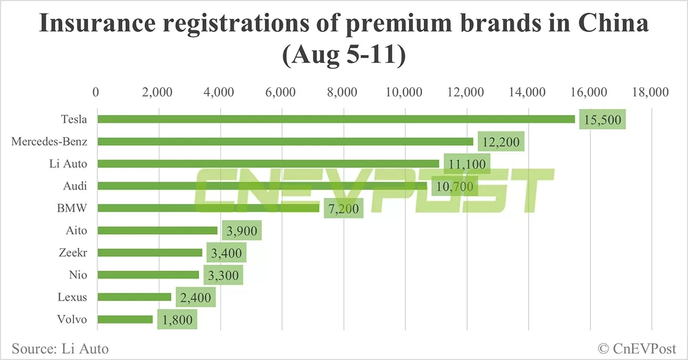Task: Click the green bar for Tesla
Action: (336, 119)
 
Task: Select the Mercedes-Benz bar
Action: (285, 141)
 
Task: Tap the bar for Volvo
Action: (125, 319)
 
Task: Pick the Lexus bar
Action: (134, 297)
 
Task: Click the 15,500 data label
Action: (602, 119)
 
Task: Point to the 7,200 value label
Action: (343, 209)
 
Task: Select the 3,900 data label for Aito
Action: (241, 231)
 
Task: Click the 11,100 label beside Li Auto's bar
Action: (467, 164)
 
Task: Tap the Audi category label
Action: (75, 186)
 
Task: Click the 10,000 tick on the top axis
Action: (405, 92)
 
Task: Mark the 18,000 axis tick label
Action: (651, 92)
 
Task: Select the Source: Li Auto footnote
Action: (60, 348)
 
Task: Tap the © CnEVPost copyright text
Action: (637, 348)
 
